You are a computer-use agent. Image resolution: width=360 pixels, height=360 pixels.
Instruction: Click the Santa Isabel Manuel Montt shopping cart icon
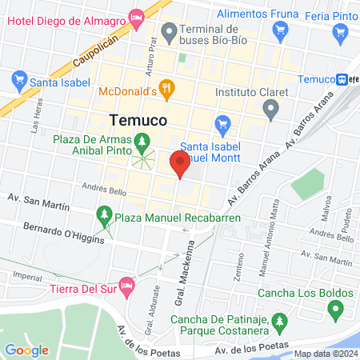coord(223,124)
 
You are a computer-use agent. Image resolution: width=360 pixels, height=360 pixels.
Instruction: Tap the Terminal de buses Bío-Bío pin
coord(168,33)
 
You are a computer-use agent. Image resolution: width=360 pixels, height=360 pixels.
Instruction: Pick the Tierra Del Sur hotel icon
coord(126,284)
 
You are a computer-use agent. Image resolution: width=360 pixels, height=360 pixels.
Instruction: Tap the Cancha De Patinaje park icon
coord(278,322)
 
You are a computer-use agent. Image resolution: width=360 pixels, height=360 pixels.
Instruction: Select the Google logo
coord(26,350)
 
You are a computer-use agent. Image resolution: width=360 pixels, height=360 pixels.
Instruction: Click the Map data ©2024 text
coord(323,354)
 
